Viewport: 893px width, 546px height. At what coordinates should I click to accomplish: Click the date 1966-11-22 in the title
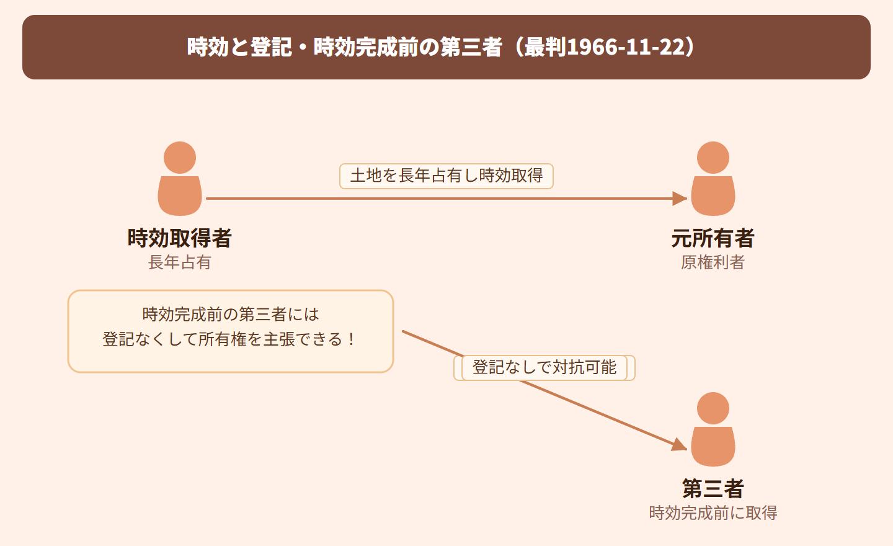[626, 47]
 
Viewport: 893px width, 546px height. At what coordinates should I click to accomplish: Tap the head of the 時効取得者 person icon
[180, 158]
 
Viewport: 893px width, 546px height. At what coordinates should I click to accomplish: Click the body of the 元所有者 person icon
[713, 196]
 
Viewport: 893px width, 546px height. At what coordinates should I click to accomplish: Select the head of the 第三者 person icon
[713, 408]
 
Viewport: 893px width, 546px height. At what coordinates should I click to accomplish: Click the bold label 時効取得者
[180, 238]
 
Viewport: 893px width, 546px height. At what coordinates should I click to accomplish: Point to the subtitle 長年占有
[180, 262]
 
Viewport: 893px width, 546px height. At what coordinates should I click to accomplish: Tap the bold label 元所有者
[713, 238]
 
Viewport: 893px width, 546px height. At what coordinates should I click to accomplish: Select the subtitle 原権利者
[713, 262]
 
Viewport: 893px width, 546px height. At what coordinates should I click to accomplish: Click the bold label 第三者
[713, 488]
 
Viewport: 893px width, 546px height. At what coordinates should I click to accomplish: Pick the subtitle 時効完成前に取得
[713, 513]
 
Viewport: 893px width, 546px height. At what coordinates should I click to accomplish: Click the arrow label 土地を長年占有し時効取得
[446, 176]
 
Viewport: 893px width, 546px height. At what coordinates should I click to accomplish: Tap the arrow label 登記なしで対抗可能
[544, 367]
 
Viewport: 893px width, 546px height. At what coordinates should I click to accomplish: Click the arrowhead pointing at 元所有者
[680, 198]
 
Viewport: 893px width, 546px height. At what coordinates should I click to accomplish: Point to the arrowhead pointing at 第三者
[680, 444]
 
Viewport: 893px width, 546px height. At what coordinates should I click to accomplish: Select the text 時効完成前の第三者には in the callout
[231, 315]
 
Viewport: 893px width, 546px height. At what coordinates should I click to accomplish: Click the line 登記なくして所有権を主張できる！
[228, 339]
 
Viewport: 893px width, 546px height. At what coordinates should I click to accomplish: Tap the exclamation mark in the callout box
[351, 339]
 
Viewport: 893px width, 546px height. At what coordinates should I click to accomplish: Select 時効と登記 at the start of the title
[239, 47]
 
